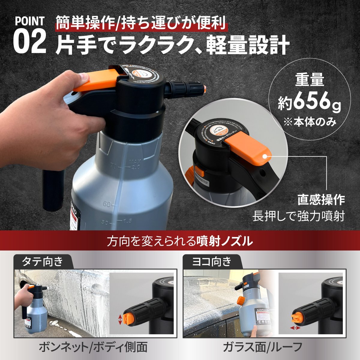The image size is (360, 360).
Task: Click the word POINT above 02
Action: point(30,22)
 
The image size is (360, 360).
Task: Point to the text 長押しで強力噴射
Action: point(298,216)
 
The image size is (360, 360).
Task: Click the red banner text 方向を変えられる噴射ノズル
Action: point(180,241)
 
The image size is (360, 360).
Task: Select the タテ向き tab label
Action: point(42,262)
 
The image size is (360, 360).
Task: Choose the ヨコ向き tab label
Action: point(211,262)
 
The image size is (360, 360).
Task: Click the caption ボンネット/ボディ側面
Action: point(93,347)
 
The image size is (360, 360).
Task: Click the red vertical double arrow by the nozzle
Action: point(120,319)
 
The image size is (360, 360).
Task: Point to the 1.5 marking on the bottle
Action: point(127,221)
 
